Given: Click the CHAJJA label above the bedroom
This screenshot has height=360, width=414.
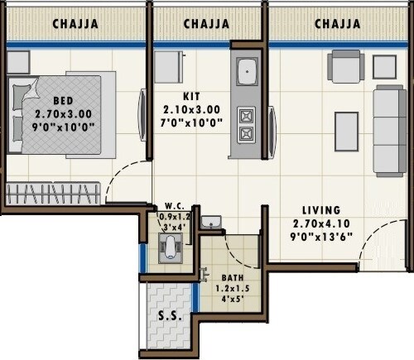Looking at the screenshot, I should [75, 24].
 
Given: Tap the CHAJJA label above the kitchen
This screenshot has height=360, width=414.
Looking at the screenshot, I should [206, 24].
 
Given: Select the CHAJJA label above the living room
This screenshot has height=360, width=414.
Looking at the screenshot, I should [337, 24].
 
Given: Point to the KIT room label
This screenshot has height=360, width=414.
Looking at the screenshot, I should [193, 96].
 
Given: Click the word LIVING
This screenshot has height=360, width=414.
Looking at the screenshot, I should [321, 211].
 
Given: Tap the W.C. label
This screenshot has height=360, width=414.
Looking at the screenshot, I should [174, 207].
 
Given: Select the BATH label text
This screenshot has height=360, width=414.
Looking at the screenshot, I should [233, 278].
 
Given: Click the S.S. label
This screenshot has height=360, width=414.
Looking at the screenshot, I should [171, 316].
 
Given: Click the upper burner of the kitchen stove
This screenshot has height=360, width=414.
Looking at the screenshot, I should [247, 114].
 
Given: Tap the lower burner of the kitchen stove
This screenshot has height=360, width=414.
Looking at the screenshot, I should [247, 133].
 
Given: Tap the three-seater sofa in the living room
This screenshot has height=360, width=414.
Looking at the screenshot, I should [388, 130].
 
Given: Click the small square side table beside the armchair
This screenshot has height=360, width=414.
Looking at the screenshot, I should [384, 66].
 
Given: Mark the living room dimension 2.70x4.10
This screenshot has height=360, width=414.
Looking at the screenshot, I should [321, 223].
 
